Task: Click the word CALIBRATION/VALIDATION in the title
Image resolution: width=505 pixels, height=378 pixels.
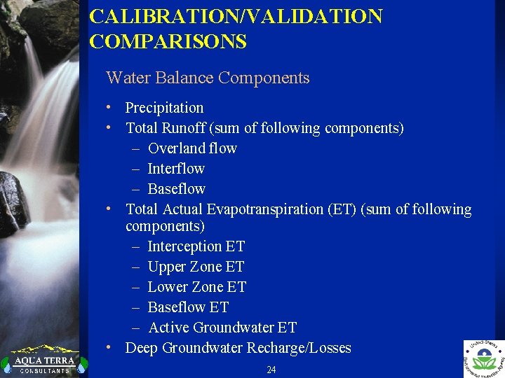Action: click(236, 17)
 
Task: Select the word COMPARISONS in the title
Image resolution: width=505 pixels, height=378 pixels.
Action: click(168, 42)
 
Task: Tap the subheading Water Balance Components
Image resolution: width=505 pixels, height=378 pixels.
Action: click(207, 78)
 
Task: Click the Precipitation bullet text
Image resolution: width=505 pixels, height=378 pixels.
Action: click(164, 108)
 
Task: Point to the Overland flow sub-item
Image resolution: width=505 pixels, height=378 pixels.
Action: click(192, 148)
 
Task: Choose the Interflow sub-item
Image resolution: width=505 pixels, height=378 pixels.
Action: click(176, 169)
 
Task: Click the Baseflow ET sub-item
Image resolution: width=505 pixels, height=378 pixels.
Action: click(188, 307)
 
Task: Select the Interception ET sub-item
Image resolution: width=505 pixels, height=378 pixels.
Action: click(196, 246)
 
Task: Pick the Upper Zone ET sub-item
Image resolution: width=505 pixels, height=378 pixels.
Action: click(196, 267)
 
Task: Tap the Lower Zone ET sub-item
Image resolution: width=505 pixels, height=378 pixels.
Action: click(196, 287)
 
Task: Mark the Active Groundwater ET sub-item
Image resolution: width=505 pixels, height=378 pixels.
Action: click(222, 328)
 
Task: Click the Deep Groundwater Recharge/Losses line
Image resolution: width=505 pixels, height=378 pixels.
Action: click(238, 348)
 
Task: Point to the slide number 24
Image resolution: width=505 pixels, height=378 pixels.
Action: click(271, 370)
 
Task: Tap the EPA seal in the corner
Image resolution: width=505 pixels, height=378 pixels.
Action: click(483, 358)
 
